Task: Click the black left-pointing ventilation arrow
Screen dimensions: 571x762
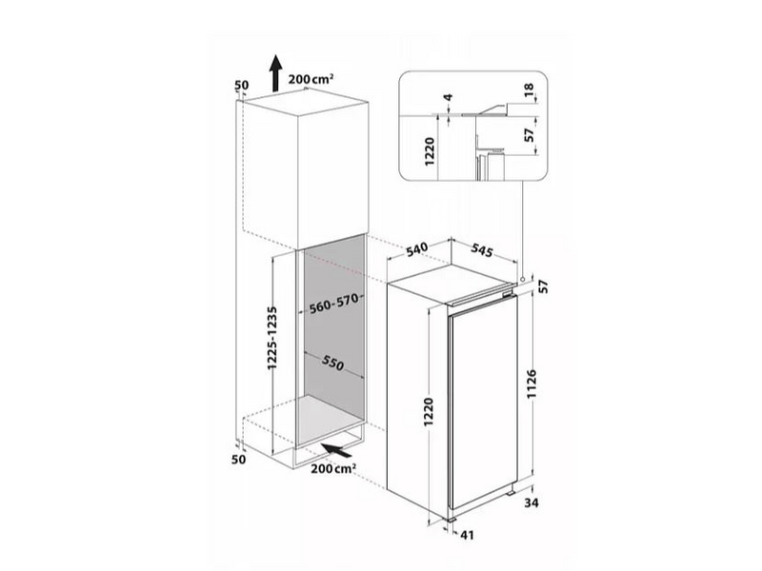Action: (333, 449)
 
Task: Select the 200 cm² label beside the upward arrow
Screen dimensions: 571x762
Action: (311, 79)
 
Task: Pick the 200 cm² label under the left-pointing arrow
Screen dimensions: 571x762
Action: (333, 468)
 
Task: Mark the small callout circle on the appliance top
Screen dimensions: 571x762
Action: (523, 279)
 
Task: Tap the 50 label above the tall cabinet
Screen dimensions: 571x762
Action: (241, 86)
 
